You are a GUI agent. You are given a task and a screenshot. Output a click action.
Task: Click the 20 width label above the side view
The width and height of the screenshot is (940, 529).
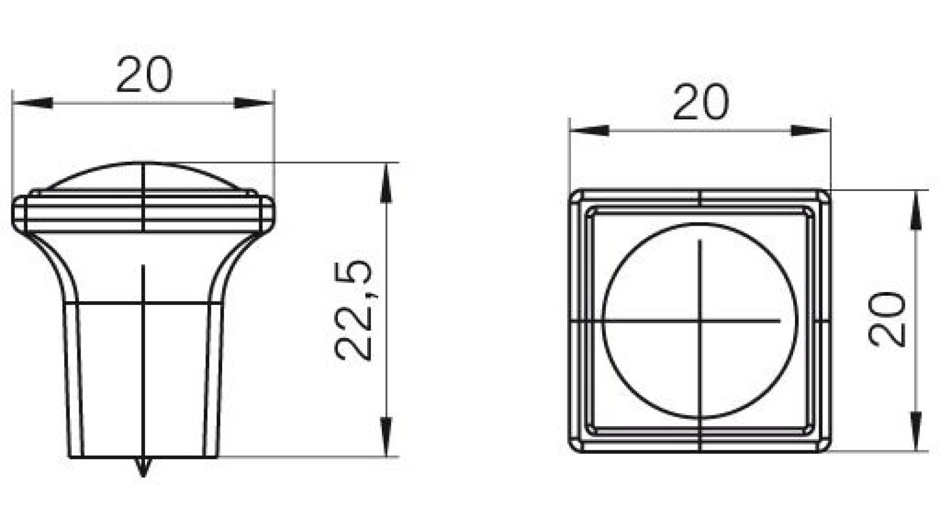pos(144,75)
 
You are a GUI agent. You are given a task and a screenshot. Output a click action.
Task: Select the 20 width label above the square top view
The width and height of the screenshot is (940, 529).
pos(700,103)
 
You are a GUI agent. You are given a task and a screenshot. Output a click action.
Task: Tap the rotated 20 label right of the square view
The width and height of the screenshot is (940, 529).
pos(887,319)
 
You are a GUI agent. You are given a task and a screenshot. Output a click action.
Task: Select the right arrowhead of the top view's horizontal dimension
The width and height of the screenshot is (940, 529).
pos(811,130)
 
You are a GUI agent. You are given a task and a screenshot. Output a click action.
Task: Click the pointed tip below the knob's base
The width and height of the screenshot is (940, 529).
pos(143,470)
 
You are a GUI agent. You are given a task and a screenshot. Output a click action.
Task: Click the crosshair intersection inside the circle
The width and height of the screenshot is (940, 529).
pos(700,321)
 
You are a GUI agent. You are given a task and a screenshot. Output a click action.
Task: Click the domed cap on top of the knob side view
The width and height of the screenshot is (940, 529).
pos(144,175)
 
